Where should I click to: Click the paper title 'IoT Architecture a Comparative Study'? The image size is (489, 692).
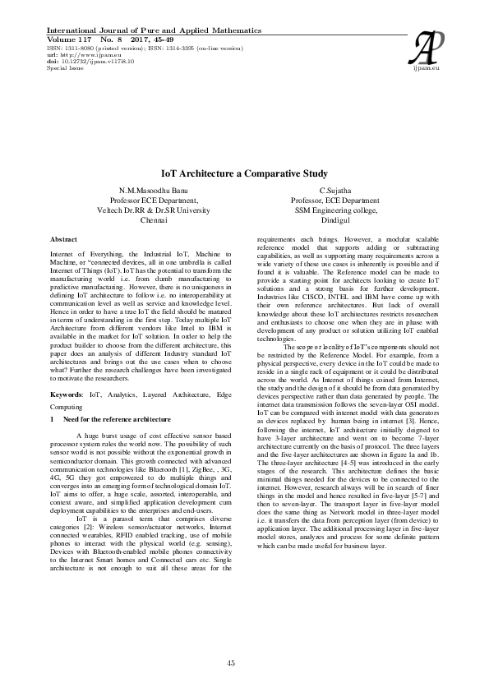pyautogui.click(x=244, y=174)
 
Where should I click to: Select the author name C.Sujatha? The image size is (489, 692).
pyautogui.click(x=335, y=190)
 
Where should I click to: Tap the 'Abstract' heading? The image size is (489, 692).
pyautogui.click(x=67, y=238)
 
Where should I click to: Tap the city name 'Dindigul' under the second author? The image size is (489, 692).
pyautogui.click(x=335, y=220)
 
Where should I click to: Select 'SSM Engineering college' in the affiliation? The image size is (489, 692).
pyautogui.click(x=335, y=210)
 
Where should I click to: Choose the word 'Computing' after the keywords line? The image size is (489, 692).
pyautogui.click(x=67, y=407)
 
